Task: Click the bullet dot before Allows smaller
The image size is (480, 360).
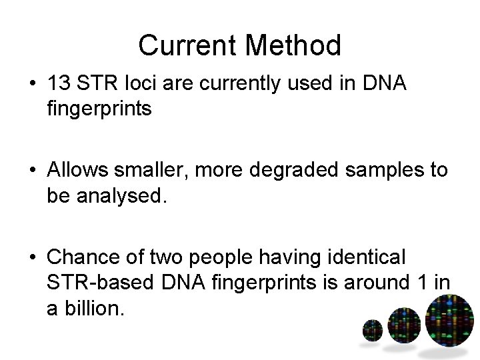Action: pyautogui.click(x=31, y=171)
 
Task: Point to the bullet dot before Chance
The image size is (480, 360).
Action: pyautogui.click(x=31, y=257)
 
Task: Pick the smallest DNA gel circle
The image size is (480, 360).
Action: pyautogui.click(x=372, y=330)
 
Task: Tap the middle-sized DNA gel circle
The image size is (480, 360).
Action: pyautogui.click(x=404, y=325)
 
